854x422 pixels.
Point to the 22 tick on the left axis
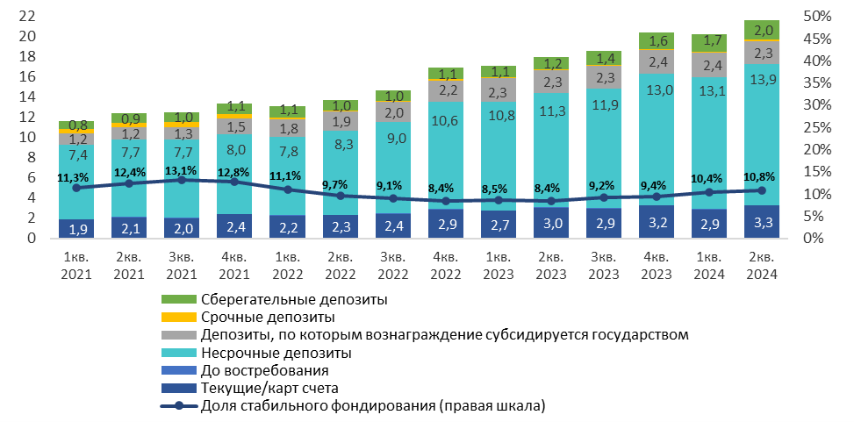pos(27,17)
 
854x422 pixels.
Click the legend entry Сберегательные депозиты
pos(294,300)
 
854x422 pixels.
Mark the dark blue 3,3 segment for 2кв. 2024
pos(761,222)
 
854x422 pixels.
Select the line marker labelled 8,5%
pos(498,200)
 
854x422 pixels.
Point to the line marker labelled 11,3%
pos(76,188)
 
